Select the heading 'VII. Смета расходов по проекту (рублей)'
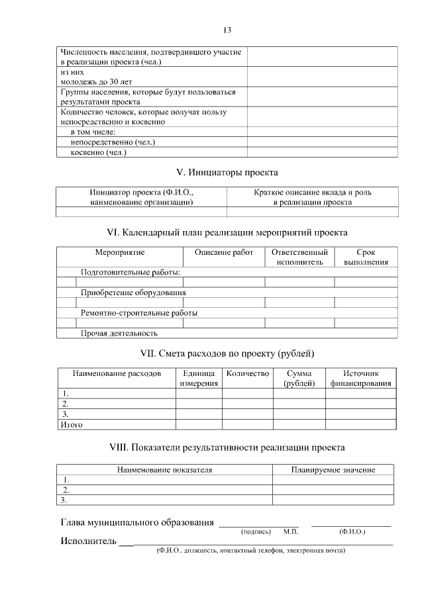[x=227, y=352]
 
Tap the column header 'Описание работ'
[x=224, y=253]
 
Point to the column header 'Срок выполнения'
[x=366, y=257]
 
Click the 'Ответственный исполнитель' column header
[x=299, y=257]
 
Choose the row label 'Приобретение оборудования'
[x=133, y=292]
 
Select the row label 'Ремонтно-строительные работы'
[x=139, y=312]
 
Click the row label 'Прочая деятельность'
[x=119, y=333]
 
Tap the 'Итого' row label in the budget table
[x=72, y=425]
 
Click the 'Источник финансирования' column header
[x=360, y=379]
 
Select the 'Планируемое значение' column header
[x=333, y=470]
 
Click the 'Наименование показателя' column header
[x=164, y=470]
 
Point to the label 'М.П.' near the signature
[x=291, y=531]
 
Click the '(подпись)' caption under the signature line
[x=256, y=531]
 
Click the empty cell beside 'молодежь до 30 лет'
[x=322, y=76]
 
